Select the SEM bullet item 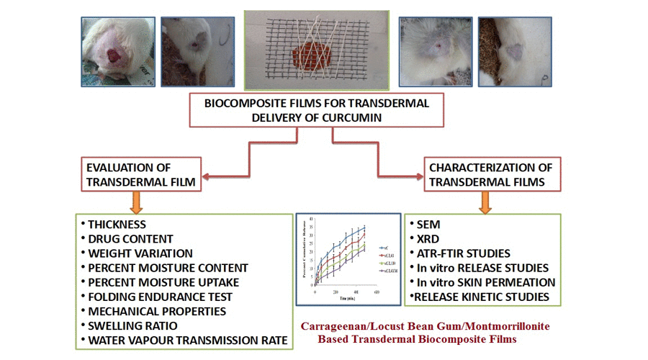[x=431, y=225]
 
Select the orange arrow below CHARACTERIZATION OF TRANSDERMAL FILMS [x=485, y=202]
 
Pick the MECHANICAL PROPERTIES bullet [x=158, y=311]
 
